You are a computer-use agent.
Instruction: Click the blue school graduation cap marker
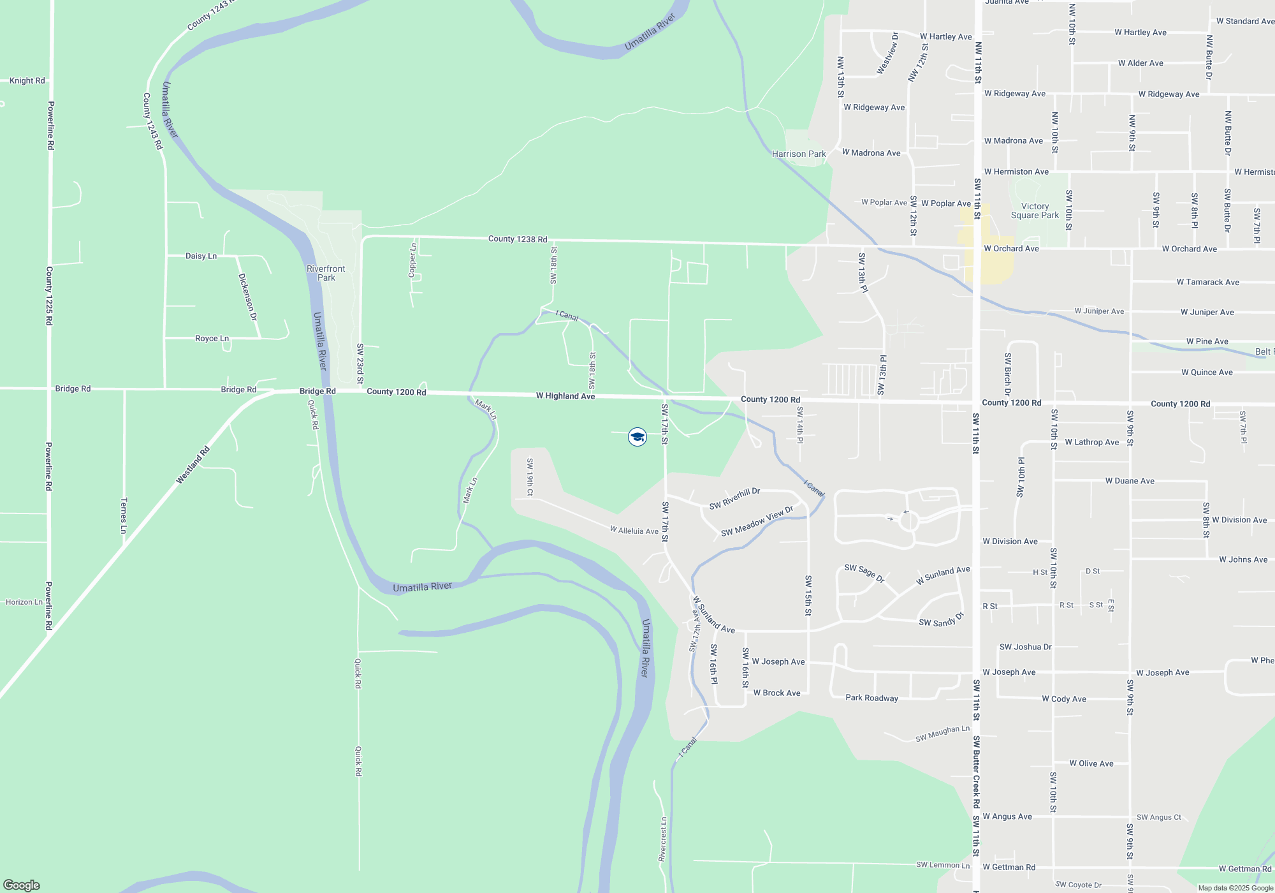pyautogui.click(x=637, y=437)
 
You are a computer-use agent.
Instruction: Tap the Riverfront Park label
pyautogui.click(x=326, y=273)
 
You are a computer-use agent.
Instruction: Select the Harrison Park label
pyautogui.click(x=799, y=154)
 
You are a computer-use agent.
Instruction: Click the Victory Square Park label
pyautogui.click(x=1035, y=210)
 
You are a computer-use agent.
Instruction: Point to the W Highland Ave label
pyautogui.click(x=565, y=396)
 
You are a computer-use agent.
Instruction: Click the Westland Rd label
pyautogui.click(x=193, y=465)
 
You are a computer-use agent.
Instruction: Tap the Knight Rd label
pyautogui.click(x=27, y=81)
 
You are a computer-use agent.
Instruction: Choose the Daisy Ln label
pyautogui.click(x=201, y=256)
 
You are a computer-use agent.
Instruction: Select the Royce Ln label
pyautogui.click(x=212, y=339)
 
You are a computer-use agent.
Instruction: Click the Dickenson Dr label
pyautogui.click(x=247, y=297)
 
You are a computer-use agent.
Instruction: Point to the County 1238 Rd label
pyautogui.click(x=518, y=239)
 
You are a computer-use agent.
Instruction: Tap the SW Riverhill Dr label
pyautogui.click(x=734, y=499)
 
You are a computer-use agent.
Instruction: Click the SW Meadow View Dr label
pyautogui.click(x=757, y=521)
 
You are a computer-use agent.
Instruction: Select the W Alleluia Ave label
pyautogui.click(x=634, y=531)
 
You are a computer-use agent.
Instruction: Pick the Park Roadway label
pyautogui.click(x=871, y=698)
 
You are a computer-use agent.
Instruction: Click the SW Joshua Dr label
pyautogui.click(x=1025, y=647)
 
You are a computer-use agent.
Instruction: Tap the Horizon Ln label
pyautogui.click(x=24, y=602)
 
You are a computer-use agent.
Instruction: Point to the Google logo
pyautogui.click(x=22, y=885)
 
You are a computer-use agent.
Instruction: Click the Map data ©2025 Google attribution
pyautogui.click(x=1235, y=888)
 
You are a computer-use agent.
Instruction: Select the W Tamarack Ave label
pyautogui.click(x=1207, y=282)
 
